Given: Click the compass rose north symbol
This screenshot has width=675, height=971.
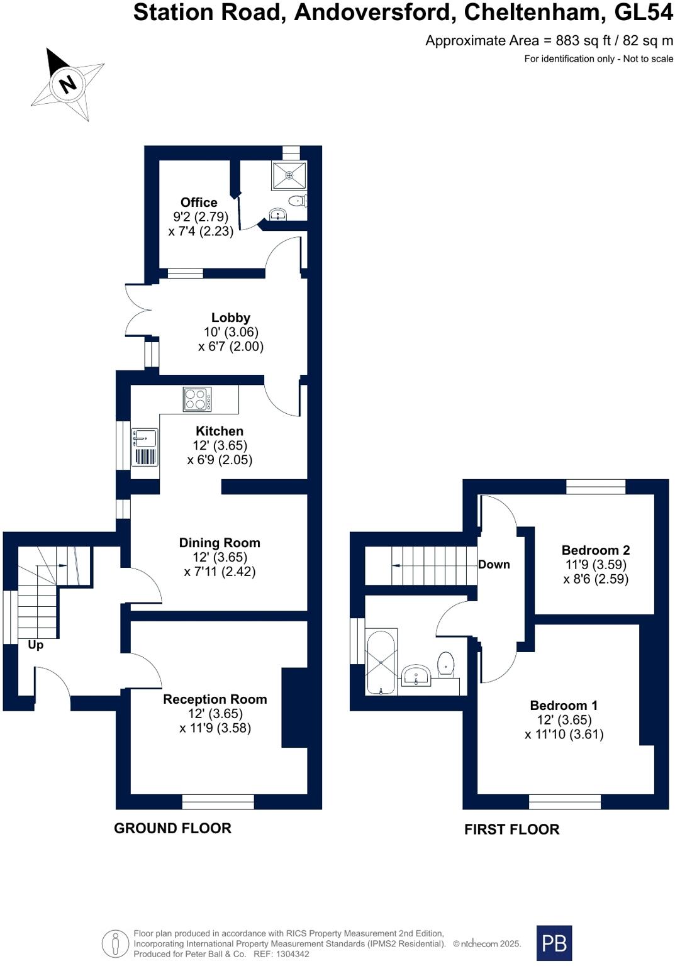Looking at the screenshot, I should (67, 83).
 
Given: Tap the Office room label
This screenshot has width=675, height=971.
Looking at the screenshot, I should (199, 203).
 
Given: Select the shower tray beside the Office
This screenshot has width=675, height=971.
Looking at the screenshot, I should (289, 175).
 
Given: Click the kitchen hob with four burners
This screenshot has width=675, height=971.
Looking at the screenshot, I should (197, 399).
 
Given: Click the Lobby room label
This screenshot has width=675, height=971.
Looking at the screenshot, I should (230, 318).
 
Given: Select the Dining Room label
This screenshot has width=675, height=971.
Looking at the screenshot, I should (219, 543).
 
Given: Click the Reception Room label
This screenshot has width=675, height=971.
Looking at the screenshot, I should (215, 699).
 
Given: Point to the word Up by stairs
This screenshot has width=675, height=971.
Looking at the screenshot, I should (36, 645).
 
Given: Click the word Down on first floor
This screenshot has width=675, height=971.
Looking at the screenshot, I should (494, 564).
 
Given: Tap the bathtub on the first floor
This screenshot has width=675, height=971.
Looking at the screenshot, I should (381, 662).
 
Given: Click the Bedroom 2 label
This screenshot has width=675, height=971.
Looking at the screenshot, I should (595, 550).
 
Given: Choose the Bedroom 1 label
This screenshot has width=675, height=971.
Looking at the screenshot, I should (564, 706).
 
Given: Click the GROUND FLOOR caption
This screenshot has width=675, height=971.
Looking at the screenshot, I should (172, 828).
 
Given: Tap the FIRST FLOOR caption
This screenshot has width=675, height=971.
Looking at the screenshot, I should (511, 830).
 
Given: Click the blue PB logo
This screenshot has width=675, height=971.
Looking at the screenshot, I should (554, 943).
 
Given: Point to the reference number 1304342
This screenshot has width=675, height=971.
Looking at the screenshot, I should (290, 954).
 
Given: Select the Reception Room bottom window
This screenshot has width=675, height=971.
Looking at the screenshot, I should (218, 801).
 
